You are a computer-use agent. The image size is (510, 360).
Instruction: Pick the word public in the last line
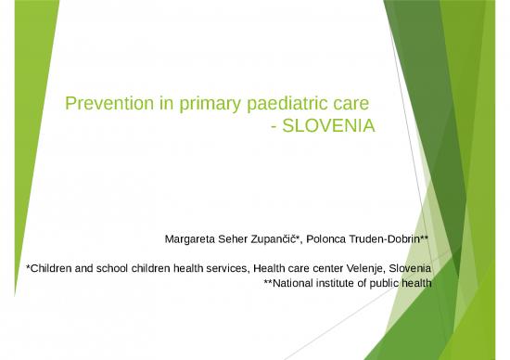tap(387, 283)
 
